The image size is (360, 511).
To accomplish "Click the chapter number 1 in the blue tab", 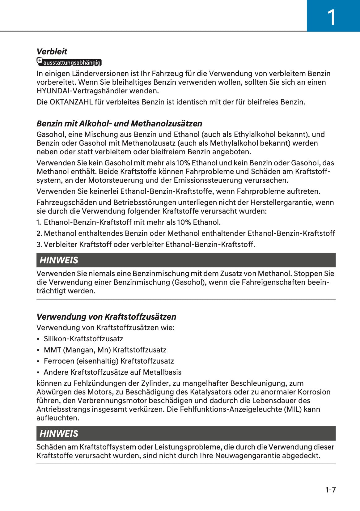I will click(x=331, y=17).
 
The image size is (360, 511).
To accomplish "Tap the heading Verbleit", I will click(x=52, y=52).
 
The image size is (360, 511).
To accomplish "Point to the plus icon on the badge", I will click(x=40, y=60).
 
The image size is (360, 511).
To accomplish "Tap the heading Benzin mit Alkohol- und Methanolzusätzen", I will click(x=119, y=124).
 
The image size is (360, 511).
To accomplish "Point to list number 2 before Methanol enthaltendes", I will click(x=39, y=233).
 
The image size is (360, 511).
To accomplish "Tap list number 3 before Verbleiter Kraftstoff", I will click(x=39, y=245).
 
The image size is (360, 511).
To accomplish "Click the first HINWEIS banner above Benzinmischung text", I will click(x=186, y=260).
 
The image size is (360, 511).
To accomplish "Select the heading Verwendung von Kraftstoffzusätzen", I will click(x=106, y=317).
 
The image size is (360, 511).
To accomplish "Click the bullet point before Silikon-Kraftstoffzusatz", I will click(x=38, y=339).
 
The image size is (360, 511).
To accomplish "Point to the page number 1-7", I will click(x=330, y=490).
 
